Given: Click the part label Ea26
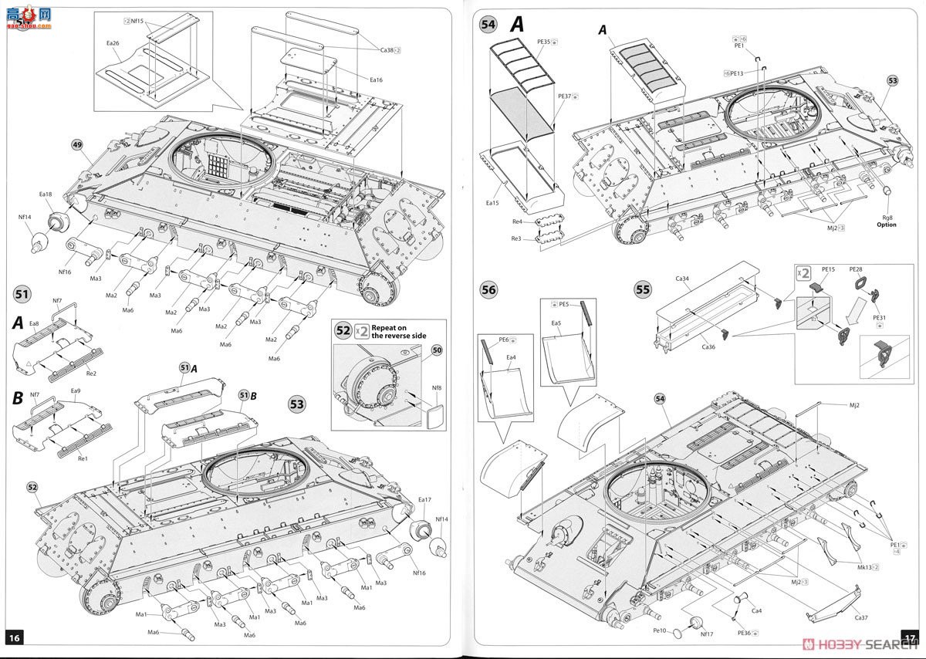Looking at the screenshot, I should (x=112, y=43).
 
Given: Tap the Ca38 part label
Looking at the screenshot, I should (x=387, y=50).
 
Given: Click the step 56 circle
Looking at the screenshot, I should (x=488, y=290).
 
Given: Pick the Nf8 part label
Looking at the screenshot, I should (x=437, y=388).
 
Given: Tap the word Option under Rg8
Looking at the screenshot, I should (x=886, y=225).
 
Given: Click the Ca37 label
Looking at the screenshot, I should (x=860, y=617).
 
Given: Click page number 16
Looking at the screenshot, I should (x=15, y=637).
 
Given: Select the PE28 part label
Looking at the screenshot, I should (x=857, y=269).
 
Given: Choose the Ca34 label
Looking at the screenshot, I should (x=681, y=279).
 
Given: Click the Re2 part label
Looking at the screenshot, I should (x=91, y=373).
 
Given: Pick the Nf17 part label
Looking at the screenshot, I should (x=706, y=634).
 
